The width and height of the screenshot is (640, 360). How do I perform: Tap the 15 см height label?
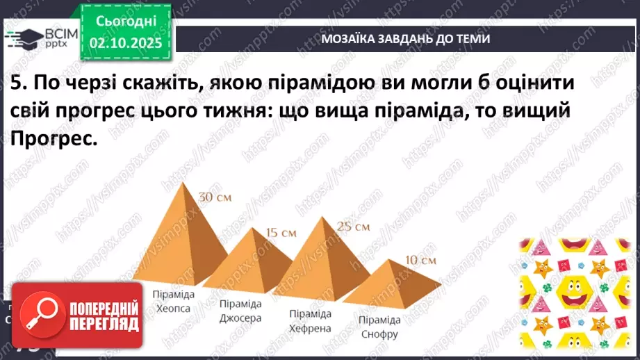(280, 232)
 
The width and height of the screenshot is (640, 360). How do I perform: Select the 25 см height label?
(353, 226)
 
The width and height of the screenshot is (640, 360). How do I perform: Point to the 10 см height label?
(420, 261)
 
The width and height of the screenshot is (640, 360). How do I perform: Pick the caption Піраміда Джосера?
(240, 311)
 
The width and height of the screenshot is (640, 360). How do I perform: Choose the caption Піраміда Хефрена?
(311, 320)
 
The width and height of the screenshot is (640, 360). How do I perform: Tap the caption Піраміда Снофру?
(379, 326)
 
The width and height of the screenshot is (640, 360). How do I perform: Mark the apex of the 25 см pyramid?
(321, 218)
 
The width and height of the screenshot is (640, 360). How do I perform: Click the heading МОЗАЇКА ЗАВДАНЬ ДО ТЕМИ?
(405, 39)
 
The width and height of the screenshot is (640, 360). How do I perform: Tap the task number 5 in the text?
(17, 84)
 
